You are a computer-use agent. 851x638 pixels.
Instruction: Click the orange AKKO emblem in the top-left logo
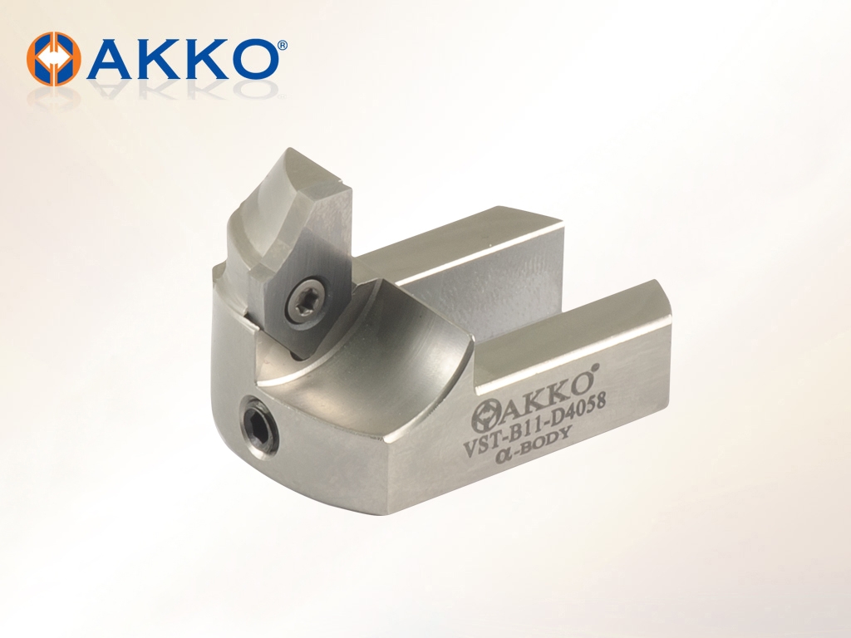click(x=54, y=59)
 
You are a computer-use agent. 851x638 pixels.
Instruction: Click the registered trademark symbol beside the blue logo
click(x=283, y=45)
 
